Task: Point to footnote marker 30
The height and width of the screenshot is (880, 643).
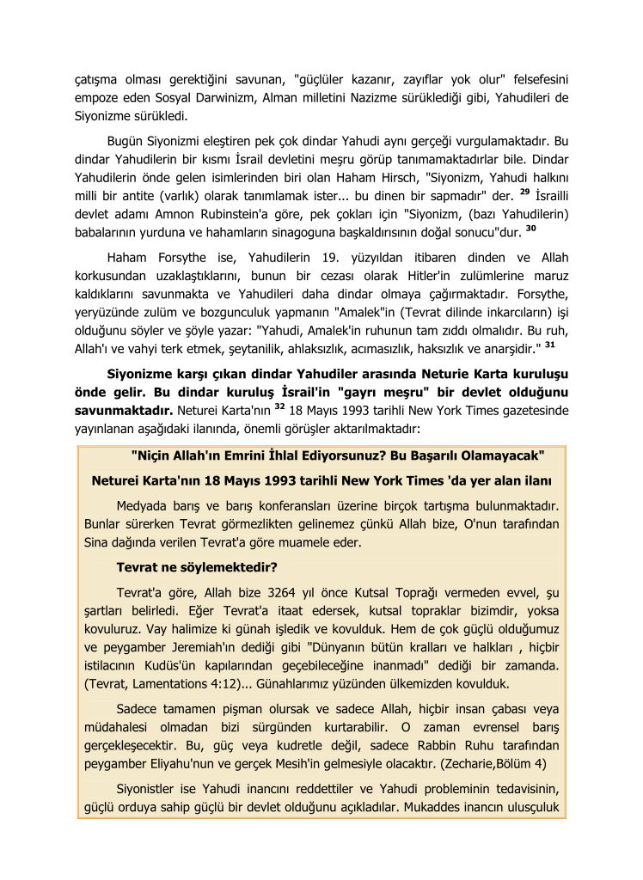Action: [x=530, y=228]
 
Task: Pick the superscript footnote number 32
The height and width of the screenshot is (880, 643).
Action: [x=279, y=406]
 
